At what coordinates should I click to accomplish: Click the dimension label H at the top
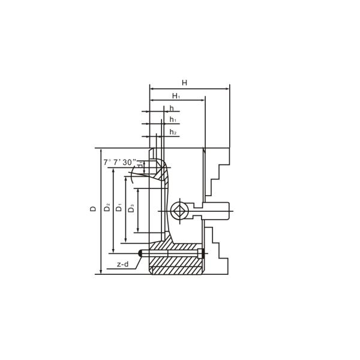pyautogui.click(x=184, y=82)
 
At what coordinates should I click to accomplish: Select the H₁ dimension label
pyautogui.click(x=176, y=95)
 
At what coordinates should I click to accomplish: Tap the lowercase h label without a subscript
pyautogui.click(x=172, y=108)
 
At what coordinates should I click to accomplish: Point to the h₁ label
pyautogui.click(x=172, y=120)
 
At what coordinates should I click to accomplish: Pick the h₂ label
pyautogui.click(x=172, y=132)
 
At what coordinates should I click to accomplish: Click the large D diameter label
pyautogui.click(x=93, y=209)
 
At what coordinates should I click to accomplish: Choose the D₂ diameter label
pyautogui.click(x=107, y=208)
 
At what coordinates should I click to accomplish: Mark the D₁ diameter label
pyautogui.click(x=119, y=208)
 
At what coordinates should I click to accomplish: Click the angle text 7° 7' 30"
pyautogui.click(x=120, y=162)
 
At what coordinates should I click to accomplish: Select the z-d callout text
pyautogui.click(x=122, y=264)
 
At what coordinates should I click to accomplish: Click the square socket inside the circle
pyautogui.click(x=178, y=211)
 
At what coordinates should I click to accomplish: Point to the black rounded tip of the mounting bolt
pyautogui.click(x=141, y=253)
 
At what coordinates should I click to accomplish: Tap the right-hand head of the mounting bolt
pyautogui.click(x=200, y=253)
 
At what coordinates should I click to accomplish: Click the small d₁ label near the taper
pyautogui.click(x=140, y=166)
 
